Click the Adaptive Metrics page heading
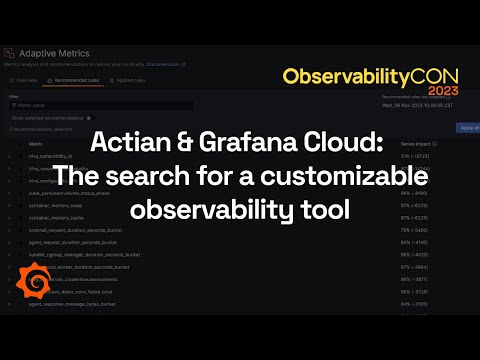click(55, 53)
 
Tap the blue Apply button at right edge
click(468, 128)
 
